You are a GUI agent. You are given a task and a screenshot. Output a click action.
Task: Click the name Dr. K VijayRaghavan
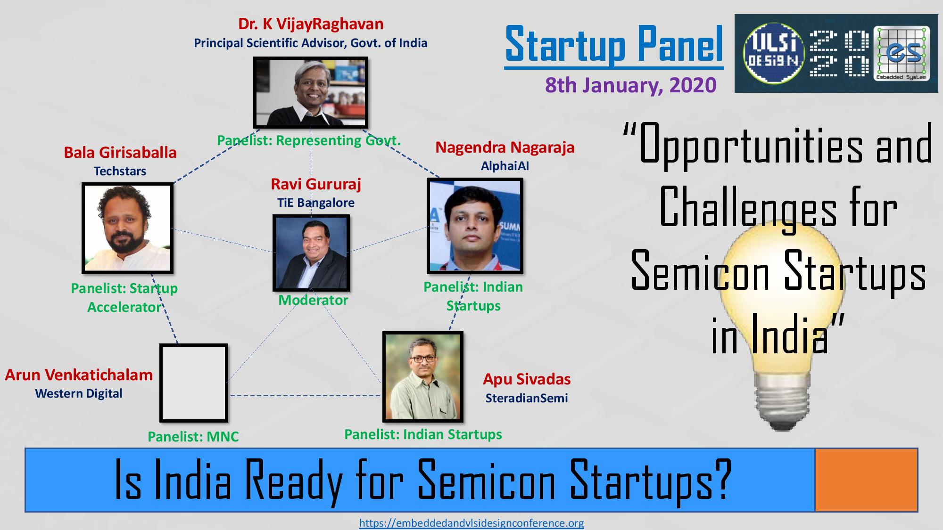(311, 24)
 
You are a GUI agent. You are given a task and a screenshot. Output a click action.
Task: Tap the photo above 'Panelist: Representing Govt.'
(311, 92)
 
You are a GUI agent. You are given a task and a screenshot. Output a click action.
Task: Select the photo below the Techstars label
(127, 228)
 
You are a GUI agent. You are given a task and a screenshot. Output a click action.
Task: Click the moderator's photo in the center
(311, 253)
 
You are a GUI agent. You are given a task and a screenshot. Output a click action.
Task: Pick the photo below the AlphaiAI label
(475, 226)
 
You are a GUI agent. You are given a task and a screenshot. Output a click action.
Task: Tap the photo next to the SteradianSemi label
(423, 377)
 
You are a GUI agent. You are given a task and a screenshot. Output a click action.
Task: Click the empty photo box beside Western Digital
(194, 383)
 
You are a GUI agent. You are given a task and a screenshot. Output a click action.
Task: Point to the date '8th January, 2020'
(631, 85)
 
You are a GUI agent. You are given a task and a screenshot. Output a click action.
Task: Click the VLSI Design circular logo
(773, 54)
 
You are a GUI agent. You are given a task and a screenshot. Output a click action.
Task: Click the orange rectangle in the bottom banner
(866, 480)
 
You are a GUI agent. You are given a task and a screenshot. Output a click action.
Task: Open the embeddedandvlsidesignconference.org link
(471, 523)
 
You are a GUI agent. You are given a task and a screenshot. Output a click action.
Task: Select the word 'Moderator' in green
(313, 300)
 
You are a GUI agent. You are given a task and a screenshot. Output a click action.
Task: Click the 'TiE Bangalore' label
(316, 203)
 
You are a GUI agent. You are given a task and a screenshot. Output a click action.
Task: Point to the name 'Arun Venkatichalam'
(79, 375)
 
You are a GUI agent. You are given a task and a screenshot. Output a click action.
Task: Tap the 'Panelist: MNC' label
(193, 437)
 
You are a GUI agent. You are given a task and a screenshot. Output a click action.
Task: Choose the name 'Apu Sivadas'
(527, 379)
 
